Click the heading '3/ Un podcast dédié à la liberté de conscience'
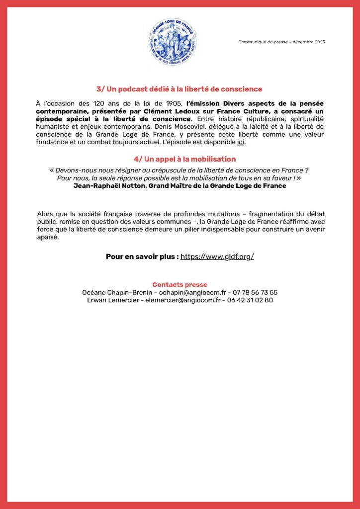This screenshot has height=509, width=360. coord(180,89)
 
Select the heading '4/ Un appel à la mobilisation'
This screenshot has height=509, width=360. coord(184,159)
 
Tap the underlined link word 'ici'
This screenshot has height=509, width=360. coord(241,143)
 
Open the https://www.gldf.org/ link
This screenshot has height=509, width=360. coord(217,256)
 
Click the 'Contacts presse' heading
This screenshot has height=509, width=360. coord(180,285)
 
